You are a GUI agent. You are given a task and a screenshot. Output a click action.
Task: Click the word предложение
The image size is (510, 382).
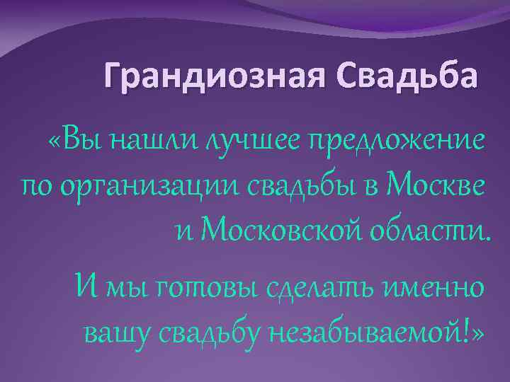[x=395, y=142]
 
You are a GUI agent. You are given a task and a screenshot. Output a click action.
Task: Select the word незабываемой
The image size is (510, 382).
[x=369, y=332]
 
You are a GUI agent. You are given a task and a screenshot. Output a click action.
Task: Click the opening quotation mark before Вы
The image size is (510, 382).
[x=55, y=141]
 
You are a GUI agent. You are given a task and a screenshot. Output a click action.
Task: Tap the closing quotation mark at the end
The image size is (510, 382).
[x=482, y=332]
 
